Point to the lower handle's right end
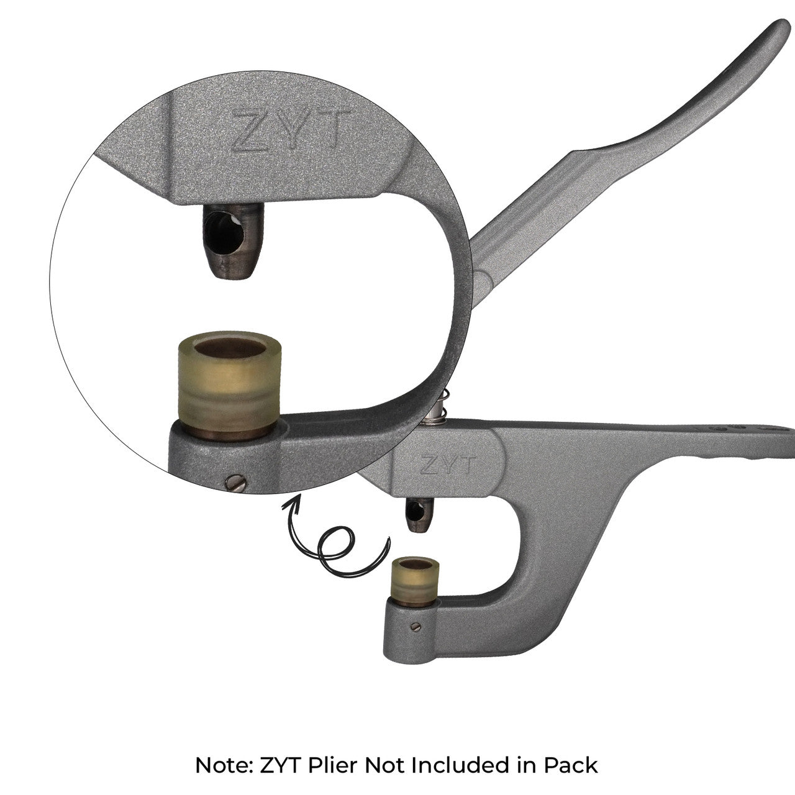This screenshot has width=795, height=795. click(x=786, y=435)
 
